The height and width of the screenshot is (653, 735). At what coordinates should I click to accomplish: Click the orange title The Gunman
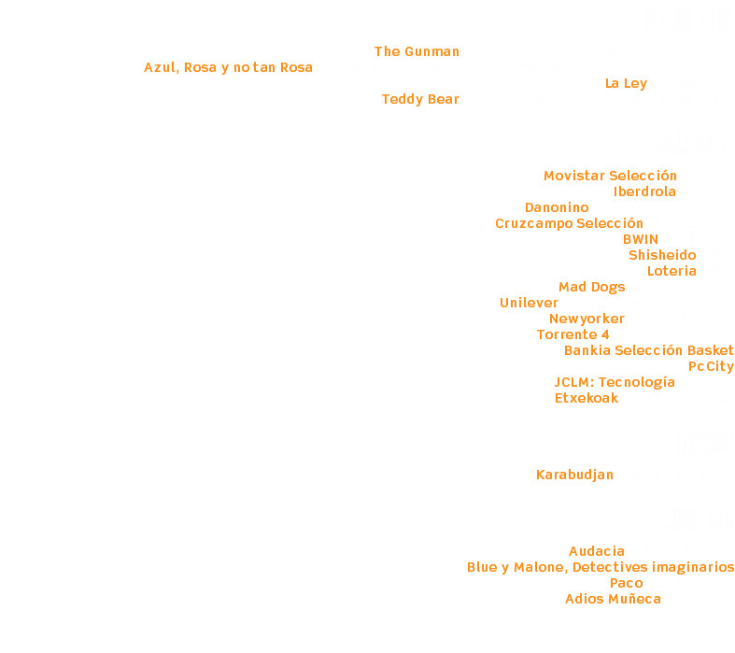417,51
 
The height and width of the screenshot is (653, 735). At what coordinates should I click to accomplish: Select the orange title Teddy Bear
419,99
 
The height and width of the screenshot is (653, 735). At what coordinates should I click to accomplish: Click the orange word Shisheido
662,255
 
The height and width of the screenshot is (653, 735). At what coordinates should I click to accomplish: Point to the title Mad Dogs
591,287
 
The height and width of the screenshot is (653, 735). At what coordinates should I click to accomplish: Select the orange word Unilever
528,303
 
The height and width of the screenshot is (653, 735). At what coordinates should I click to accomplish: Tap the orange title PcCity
711,366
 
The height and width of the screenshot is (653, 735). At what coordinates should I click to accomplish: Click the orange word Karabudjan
574,476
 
